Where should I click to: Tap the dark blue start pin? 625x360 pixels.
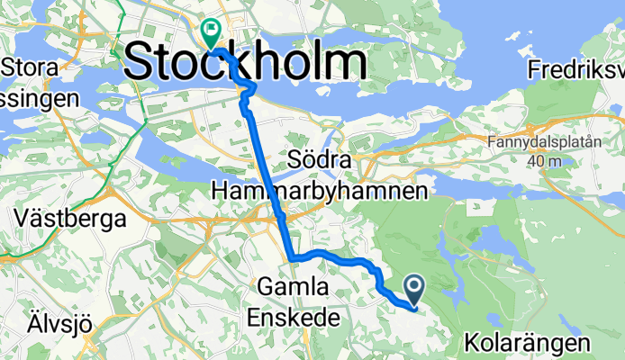click(x=415, y=289)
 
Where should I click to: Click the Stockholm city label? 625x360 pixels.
click(x=244, y=61)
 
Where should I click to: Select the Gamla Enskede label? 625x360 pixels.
click(x=289, y=301)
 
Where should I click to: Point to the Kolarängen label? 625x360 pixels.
click(x=528, y=342)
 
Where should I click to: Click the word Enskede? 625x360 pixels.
click(x=289, y=317)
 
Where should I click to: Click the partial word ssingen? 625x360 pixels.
click(x=40, y=97)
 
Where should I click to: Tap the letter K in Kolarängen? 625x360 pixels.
click(x=473, y=342)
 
